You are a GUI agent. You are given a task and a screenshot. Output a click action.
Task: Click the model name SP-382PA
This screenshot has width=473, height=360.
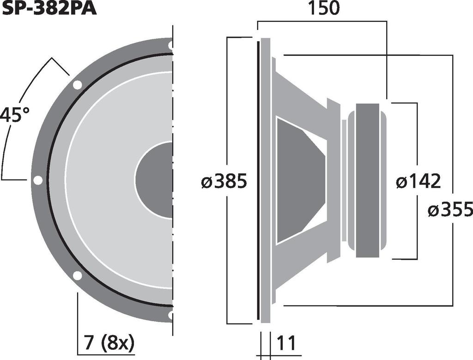pos(49,8)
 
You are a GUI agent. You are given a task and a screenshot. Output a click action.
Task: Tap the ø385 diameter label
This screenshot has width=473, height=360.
pos(224,182)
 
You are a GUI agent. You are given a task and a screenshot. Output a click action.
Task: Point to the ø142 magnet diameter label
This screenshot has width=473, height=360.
pos(418,182)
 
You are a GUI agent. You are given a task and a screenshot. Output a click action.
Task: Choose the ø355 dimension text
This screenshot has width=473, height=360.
pos(450,210)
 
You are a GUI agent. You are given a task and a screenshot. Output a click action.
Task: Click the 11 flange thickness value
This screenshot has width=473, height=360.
pos(286,344)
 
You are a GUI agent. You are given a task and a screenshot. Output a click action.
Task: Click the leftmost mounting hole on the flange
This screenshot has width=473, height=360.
pos(38,180)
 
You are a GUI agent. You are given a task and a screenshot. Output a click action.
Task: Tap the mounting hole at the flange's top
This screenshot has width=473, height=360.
pos(170,45)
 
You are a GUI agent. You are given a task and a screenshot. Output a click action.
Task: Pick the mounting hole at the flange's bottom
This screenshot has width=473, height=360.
pos(170,315)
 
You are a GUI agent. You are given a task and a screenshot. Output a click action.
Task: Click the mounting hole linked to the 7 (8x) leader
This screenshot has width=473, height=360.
pos(77,275)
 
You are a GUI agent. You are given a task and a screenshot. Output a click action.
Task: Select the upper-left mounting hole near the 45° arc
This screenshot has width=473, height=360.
pos(77,85)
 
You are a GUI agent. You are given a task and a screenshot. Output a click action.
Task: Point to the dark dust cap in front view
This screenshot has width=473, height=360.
pos(155,180)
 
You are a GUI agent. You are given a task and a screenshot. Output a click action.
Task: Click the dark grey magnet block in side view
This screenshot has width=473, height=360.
pos(368,180)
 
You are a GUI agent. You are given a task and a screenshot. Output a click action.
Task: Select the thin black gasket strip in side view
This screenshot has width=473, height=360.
pos(257,180)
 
